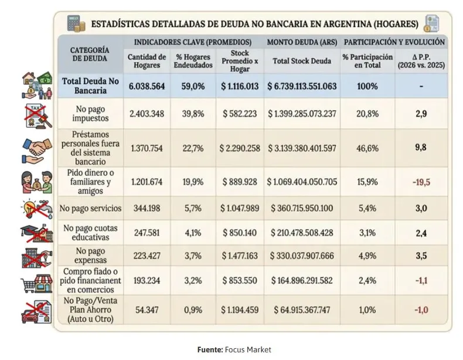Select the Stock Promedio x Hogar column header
[236, 60]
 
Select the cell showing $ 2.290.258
[236, 148]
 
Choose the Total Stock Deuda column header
[302, 60]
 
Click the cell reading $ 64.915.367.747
[302, 309]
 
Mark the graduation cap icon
[35, 233]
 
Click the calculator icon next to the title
[74, 24]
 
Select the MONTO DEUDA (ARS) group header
[302, 42]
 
